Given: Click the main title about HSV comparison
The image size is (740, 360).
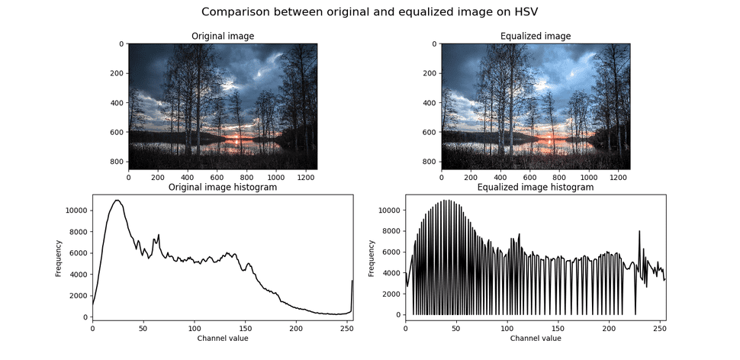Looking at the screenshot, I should tap(369, 12).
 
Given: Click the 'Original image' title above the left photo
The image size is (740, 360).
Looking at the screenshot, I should tap(223, 36).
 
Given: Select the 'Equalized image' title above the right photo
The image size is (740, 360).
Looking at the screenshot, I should tap(535, 36).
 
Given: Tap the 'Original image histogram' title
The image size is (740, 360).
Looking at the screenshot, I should tap(222, 187).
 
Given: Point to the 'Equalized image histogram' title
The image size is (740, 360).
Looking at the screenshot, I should tap(535, 187).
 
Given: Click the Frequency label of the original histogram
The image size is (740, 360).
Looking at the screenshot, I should tap(59, 259).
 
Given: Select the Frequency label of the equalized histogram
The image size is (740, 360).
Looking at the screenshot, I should tap(372, 259).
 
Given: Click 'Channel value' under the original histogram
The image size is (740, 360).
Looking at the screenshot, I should tap(222, 338).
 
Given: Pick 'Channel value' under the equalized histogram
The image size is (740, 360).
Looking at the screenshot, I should tap(535, 338).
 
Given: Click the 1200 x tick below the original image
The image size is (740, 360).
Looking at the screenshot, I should tap(304, 177).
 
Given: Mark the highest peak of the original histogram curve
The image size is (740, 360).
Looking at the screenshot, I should tap(117, 201).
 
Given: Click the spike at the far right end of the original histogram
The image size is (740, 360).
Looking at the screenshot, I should tap(352, 282).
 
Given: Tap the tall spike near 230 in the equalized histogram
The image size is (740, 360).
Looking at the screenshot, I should tap(639, 231).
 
